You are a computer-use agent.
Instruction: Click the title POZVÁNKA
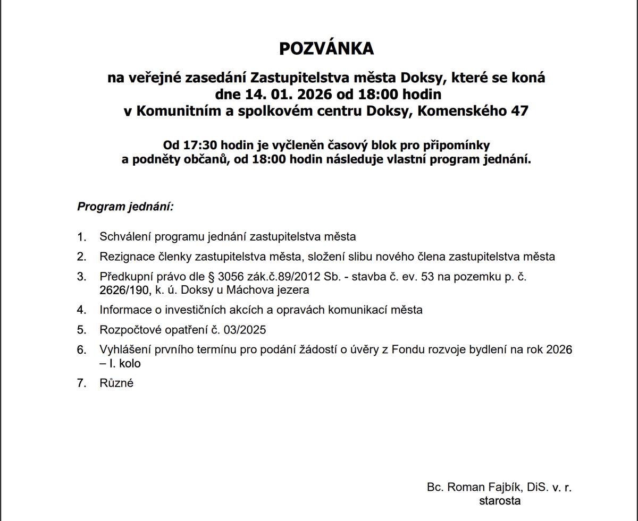tap(326, 49)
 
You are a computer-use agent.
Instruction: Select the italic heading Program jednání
tap(125, 206)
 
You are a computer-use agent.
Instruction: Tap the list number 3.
tap(81, 277)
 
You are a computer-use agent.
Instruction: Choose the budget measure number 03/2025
tap(245, 330)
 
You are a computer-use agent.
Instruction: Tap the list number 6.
tap(81, 350)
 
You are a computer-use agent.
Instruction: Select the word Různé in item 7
tap(116, 383)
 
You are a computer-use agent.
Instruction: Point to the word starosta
tap(500, 500)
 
